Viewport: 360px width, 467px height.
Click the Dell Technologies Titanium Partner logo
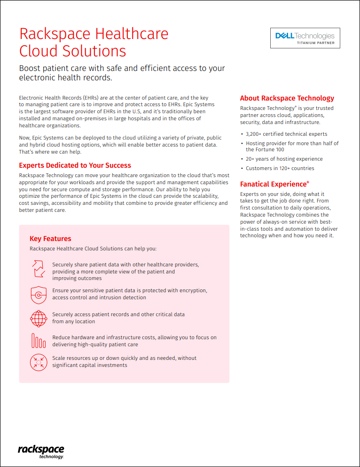305,38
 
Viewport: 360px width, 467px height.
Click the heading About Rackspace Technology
287,98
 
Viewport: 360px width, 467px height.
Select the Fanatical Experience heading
274,184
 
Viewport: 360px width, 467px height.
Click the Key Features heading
50,239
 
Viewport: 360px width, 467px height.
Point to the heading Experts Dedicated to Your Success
75,165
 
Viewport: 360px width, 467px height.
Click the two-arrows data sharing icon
39,268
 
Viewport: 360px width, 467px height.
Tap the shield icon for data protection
39,294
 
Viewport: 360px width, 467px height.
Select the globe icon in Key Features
39,318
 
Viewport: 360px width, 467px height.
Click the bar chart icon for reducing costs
39,341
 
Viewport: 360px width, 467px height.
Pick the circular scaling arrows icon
39,362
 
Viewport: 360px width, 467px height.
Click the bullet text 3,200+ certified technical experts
286,134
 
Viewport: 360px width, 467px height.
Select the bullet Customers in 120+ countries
280,168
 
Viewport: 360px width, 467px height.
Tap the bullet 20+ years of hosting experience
284,159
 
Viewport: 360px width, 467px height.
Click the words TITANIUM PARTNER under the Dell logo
315,43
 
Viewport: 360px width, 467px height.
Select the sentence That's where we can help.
50,152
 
